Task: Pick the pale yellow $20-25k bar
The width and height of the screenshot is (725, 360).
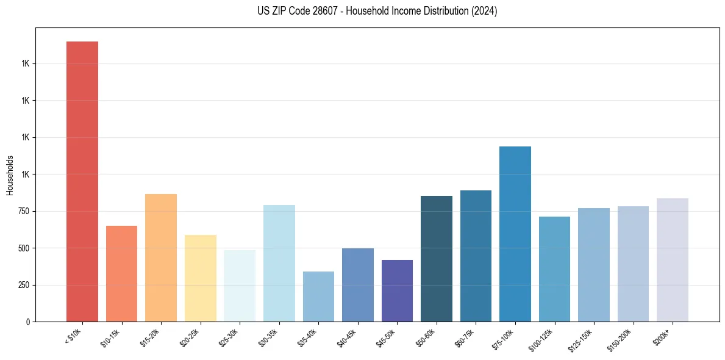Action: [x=200, y=278]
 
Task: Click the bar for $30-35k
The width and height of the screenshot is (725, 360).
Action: [x=279, y=263]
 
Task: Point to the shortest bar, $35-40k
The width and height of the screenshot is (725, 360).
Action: [x=318, y=297]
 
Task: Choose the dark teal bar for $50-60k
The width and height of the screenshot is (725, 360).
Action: [x=437, y=259]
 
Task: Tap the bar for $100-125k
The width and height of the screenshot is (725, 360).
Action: [x=554, y=269]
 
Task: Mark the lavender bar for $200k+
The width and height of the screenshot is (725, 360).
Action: [x=673, y=260]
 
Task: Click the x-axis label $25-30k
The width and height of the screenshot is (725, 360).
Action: [x=229, y=337]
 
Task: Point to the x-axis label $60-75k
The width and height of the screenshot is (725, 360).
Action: [x=465, y=337]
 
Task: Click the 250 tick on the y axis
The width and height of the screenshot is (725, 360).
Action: [x=27, y=285]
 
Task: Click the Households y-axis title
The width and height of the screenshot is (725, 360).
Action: [x=10, y=175]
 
